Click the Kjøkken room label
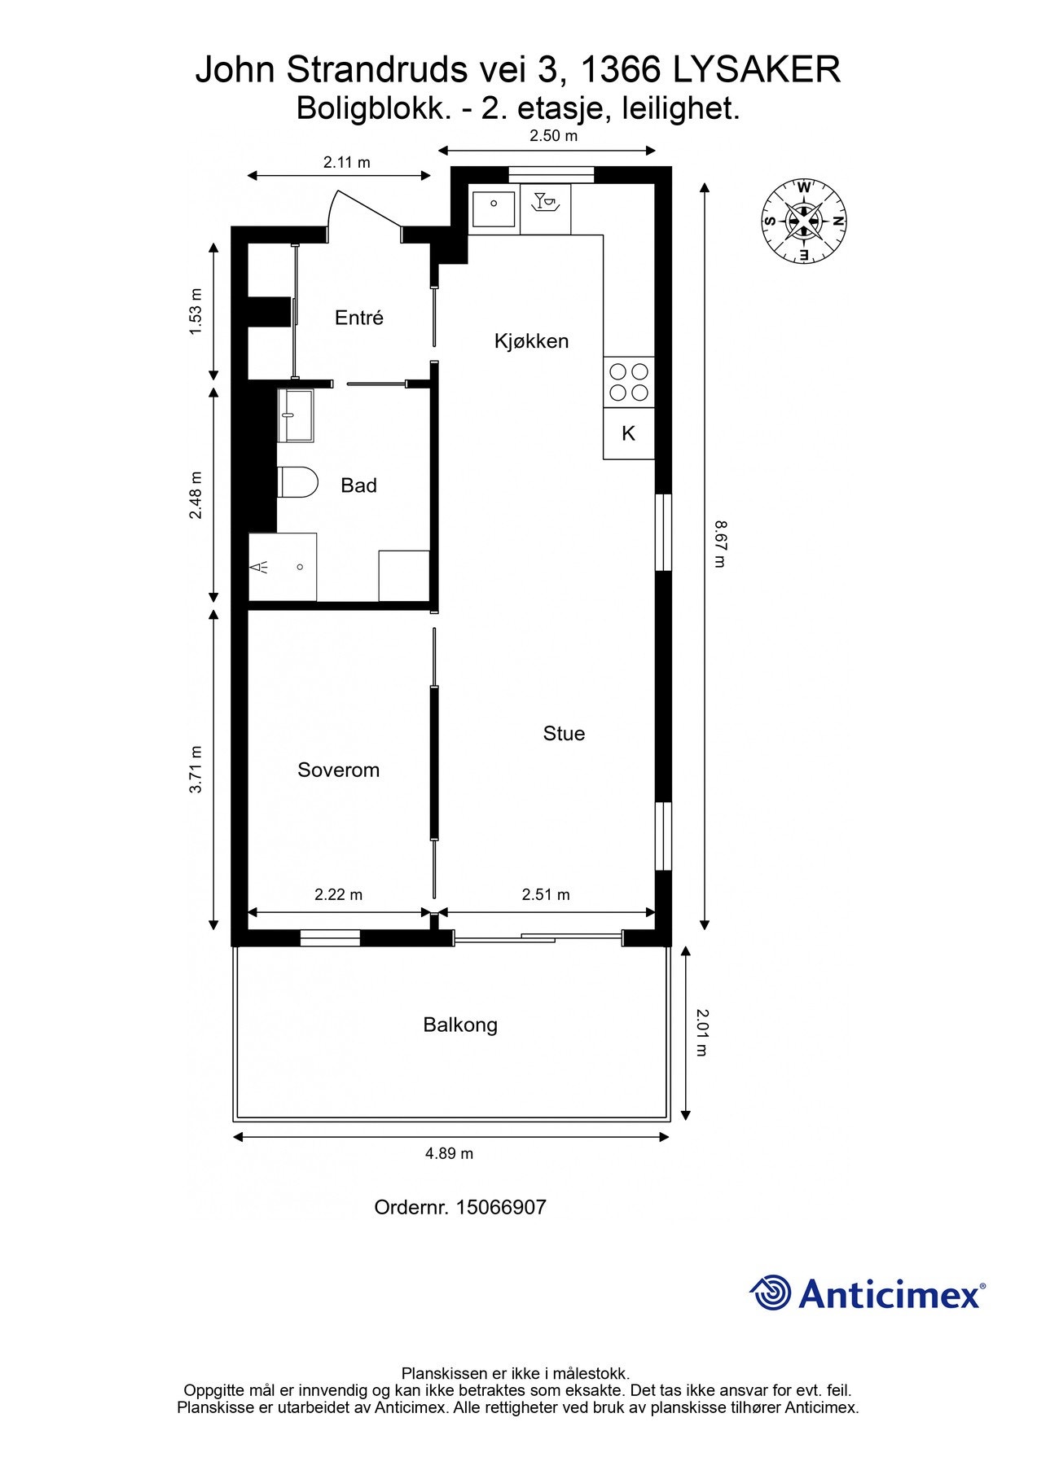tap(531, 341)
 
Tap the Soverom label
tap(338, 770)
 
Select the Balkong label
tap(460, 1025)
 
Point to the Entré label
tap(358, 318)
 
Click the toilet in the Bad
tap(297, 483)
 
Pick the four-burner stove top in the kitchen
tap(629, 382)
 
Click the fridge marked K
tap(628, 433)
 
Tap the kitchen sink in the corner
tap(494, 209)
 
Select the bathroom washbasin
tap(295, 415)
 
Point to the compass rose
tap(804, 221)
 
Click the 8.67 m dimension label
tap(718, 544)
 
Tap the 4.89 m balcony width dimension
tap(449, 1153)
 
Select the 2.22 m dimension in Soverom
tap(338, 894)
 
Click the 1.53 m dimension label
tap(195, 311)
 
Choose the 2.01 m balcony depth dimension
tap(702, 1033)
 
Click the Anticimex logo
tap(868, 1293)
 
